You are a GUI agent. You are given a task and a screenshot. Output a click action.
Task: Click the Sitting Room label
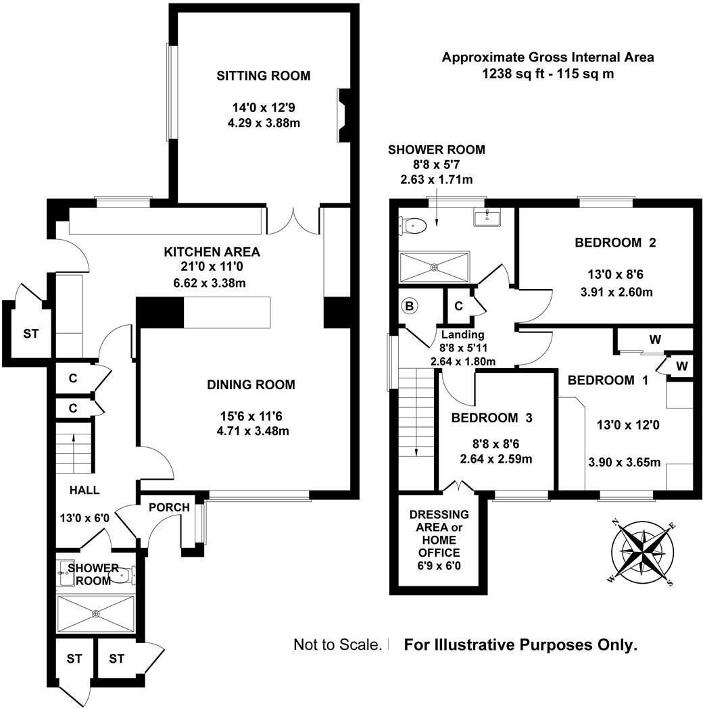pos(264,76)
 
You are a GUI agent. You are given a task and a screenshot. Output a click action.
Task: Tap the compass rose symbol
pos(641,552)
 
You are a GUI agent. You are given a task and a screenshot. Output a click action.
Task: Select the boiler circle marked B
pos(410,307)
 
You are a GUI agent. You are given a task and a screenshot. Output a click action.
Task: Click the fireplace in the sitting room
pos(343,116)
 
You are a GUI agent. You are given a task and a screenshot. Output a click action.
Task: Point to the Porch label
pos(169,507)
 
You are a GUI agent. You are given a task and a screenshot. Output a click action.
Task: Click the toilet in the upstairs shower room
pos(412,225)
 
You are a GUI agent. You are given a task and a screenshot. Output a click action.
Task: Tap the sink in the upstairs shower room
pos(487,217)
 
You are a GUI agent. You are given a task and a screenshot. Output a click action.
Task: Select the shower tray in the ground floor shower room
pos(96,613)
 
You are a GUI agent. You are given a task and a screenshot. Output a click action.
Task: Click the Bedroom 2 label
pos(615,243)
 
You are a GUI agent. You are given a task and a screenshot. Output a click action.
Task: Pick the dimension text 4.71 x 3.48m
pos(253,431)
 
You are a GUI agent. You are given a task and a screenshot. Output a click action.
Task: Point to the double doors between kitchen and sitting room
pos(293,222)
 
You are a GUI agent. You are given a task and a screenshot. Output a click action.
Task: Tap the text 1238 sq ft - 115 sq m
pos(548,74)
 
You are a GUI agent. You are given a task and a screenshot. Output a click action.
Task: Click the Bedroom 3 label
pos(491,418)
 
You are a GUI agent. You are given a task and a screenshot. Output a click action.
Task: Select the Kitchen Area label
pos(212,251)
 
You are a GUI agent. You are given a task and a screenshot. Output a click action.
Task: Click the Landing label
pos(462,334)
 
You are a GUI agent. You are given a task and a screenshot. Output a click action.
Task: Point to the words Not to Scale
pos(338,644)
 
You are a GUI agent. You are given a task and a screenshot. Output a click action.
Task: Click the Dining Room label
pos(251,384)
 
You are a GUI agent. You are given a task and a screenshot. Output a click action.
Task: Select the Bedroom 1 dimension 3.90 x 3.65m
pos(625,462)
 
